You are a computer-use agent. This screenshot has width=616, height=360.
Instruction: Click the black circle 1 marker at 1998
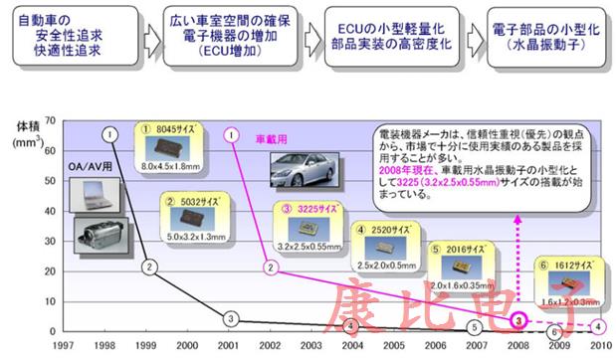tap(110, 133)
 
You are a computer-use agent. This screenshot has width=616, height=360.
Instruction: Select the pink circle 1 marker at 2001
tap(230, 133)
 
